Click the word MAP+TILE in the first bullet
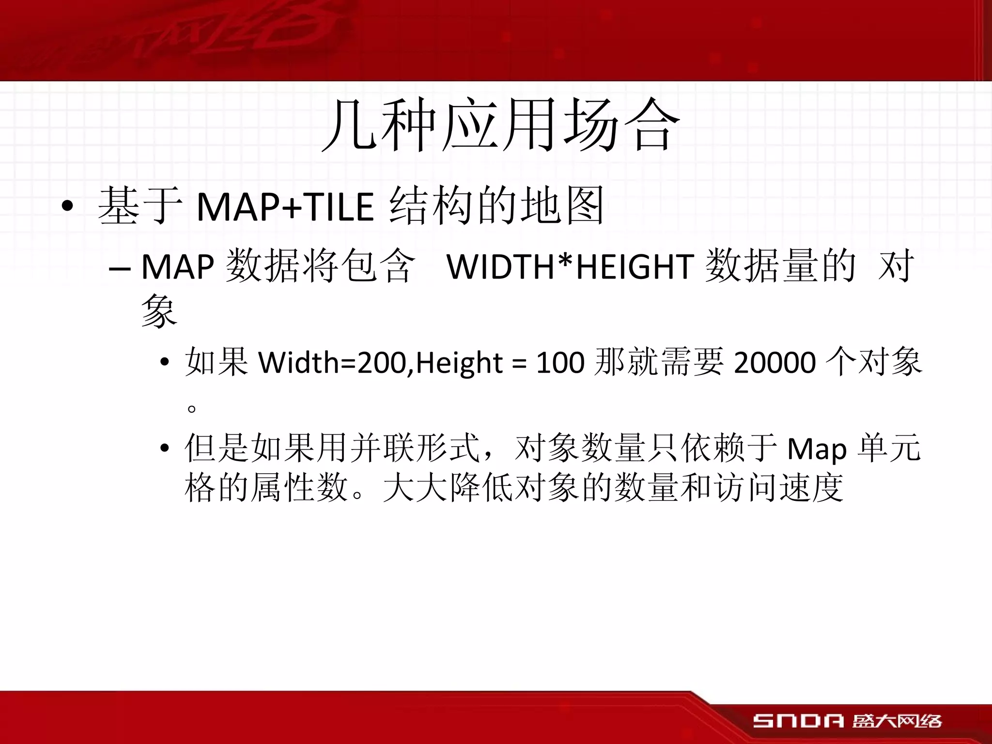click(285, 207)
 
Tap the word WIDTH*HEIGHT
click(571, 267)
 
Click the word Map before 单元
click(817, 449)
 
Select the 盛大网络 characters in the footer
click(897, 721)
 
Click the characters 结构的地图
click(496, 207)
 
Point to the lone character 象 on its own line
click(159, 310)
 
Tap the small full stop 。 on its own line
click(192, 408)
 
